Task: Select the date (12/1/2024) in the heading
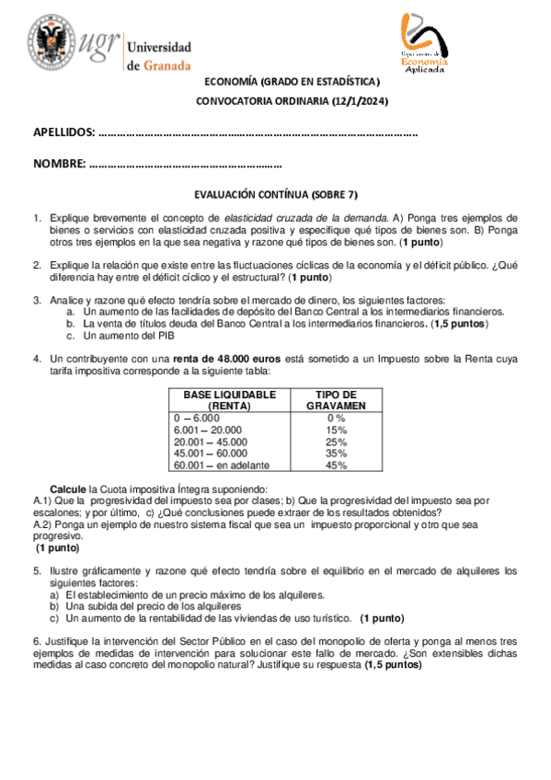(358, 101)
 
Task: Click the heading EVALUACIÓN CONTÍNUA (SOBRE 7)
(275, 195)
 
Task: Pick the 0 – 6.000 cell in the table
(197, 418)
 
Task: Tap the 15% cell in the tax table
(336, 430)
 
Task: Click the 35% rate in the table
(336, 453)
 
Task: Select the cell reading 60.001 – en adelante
(215, 465)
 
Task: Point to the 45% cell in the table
(336, 465)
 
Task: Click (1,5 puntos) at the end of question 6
(393, 664)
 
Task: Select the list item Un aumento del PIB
(126, 336)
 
